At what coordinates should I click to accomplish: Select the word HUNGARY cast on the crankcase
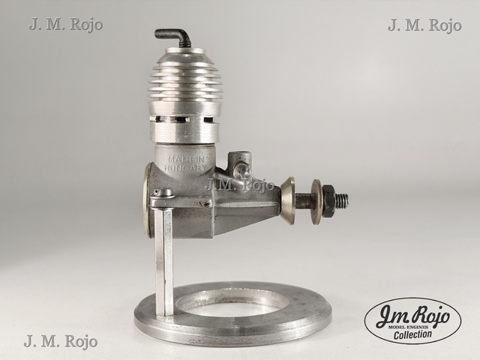pyautogui.click(x=185, y=168)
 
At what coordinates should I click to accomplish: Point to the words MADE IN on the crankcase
pyautogui.click(x=186, y=160)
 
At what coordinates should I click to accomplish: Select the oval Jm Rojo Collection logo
pyautogui.click(x=413, y=321)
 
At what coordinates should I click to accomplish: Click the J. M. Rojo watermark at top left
pyautogui.click(x=66, y=25)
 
